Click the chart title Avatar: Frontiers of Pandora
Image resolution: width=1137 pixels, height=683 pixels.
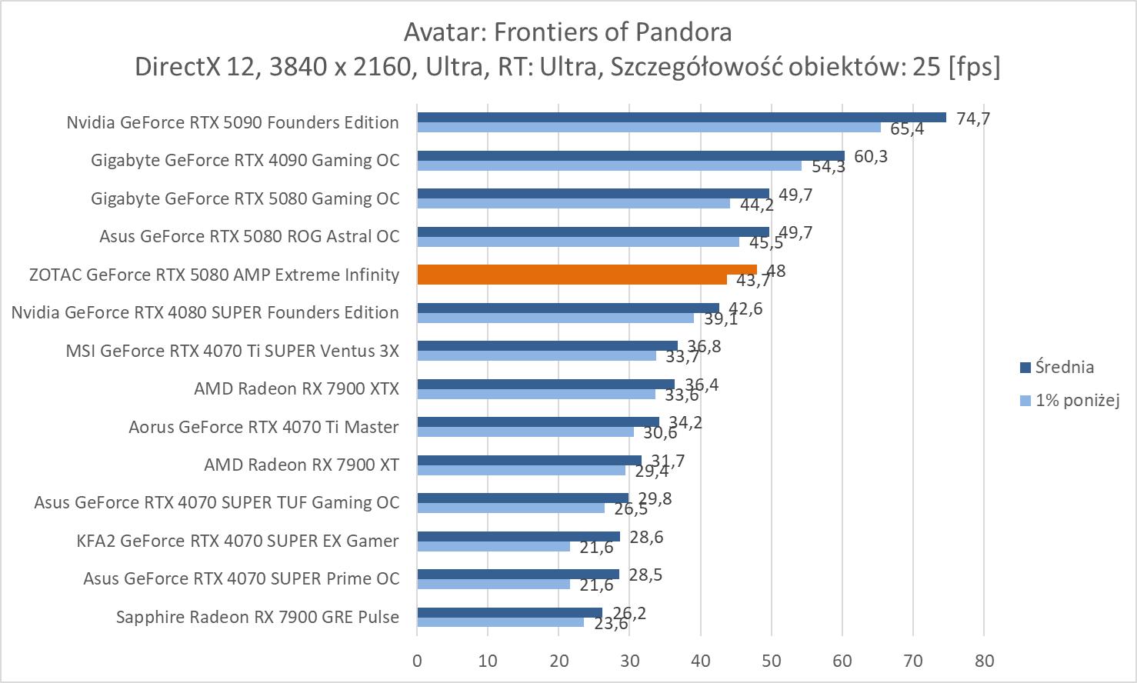(568, 32)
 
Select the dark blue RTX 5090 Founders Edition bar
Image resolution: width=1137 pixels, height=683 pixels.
(681, 118)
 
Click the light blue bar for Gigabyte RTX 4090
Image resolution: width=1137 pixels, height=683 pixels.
(609, 165)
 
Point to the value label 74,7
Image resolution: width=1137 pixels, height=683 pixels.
(972, 118)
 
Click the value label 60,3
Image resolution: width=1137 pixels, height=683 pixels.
(870, 156)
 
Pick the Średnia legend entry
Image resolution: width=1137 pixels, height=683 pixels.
(1064, 368)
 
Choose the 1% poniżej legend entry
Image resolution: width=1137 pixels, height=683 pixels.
(1076, 400)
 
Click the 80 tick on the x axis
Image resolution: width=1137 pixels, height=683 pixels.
(984, 661)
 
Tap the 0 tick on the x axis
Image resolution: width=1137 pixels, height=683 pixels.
(417, 661)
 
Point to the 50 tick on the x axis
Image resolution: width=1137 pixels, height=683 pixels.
(772, 661)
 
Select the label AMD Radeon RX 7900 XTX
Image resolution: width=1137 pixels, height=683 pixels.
(296, 388)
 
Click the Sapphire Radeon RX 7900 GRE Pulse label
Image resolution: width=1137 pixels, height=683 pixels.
(258, 617)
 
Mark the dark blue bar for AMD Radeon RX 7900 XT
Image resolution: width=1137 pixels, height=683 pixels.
(529, 460)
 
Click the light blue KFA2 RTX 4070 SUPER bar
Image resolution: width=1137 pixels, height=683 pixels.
(493, 546)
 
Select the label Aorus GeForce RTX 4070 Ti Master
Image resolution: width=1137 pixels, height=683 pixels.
(264, 427)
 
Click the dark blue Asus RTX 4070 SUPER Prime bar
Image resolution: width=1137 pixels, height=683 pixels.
(518, 574)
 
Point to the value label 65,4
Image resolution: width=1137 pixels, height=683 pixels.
(907, 129)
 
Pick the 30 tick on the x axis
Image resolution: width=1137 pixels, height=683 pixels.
(630, 661)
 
